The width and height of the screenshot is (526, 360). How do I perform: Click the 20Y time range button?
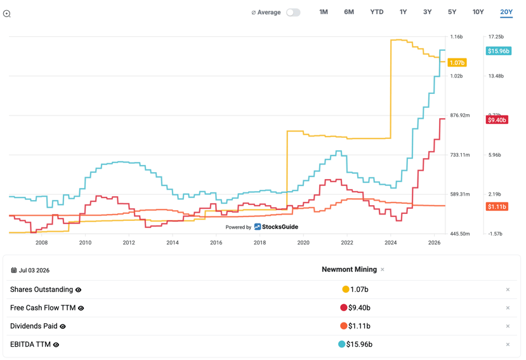click(506, 12)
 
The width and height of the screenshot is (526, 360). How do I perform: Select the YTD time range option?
click(377, 12)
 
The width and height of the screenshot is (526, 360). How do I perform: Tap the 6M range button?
click(349, 12)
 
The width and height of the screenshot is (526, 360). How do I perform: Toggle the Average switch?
click(293, 13)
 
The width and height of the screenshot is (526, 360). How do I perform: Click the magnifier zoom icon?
click(7, 14)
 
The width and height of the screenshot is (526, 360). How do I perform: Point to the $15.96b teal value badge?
click(499, 51)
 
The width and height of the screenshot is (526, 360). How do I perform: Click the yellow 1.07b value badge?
click(457, 63)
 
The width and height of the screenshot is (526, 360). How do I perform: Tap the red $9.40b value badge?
click(497, 120)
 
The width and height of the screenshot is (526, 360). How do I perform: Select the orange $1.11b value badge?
click(497, 206)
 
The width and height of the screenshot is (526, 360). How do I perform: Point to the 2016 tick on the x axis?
click(216, 243)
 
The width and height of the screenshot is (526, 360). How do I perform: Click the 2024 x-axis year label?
click(390, 243)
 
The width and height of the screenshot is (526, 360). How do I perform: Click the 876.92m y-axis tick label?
click(460, 115)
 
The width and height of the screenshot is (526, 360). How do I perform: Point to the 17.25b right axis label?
click(496, 37)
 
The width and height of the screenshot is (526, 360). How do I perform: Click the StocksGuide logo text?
click(280, 227)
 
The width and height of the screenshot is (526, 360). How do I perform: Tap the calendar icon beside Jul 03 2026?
click(14, 270)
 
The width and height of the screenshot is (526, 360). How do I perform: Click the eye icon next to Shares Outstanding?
click(78, 290)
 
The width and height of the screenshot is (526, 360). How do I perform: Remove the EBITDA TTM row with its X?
click(508, 344)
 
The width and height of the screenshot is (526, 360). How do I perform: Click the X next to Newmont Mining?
click(383, 269)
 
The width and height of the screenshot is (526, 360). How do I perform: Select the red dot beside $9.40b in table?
click(343, 307)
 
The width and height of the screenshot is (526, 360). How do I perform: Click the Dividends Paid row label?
click(34, 326)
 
